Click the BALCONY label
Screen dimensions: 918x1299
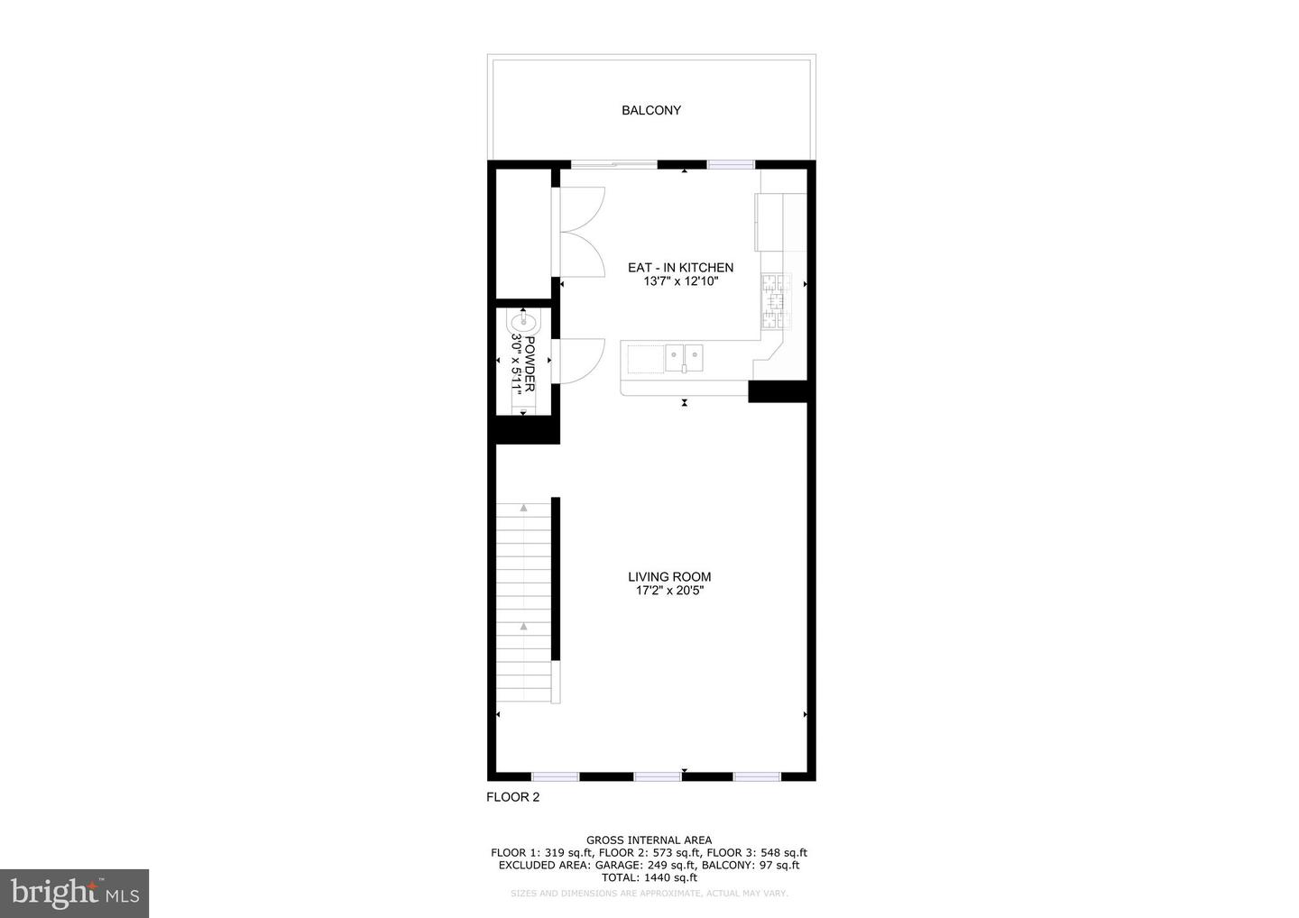point(650,110)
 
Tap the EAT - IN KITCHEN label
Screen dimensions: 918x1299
point(680,268)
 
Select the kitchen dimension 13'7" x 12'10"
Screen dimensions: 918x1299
point(680,281)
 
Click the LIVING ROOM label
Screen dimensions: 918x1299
point(669,577)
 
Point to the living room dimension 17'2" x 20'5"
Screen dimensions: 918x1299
point(669,592)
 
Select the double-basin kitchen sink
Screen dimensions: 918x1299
point(686,358)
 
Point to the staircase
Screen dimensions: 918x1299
point(524,602)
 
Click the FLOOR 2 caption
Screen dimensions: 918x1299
point(512,797)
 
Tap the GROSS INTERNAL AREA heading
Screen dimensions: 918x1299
point(649,840)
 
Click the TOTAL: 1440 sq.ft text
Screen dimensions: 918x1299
point(649,877)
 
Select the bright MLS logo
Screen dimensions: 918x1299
point(74,893)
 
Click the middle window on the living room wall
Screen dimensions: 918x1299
point(657,776)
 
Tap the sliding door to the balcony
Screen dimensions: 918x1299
point(614,165)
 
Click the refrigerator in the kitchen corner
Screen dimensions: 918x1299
point(780,222)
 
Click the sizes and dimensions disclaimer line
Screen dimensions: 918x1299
point(649,894)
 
